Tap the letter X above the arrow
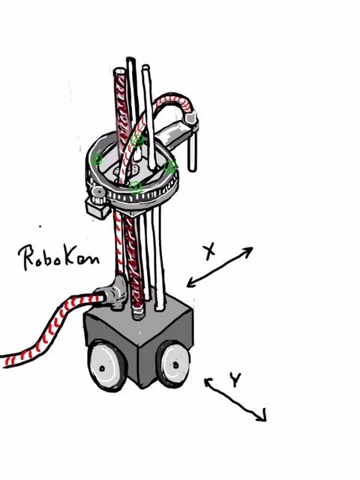(210, 252)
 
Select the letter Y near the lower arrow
(235, 379)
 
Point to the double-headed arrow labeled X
(220, 267)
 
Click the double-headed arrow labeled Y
(235, 400)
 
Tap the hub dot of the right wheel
(175, 365)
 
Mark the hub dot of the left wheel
(102, 368)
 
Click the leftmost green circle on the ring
(97, 159)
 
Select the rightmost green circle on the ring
(171, 166)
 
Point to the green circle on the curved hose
(137, 140)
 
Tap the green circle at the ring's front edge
(136, 187)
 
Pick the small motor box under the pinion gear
(97, 208)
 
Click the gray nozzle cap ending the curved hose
(192, 118)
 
